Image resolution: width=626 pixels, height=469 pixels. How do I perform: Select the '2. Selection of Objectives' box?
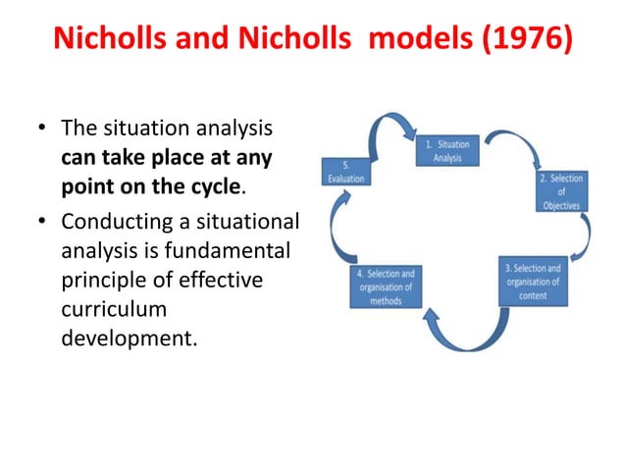coord(561,192)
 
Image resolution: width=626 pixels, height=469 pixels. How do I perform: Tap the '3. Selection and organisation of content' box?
coord(532,282)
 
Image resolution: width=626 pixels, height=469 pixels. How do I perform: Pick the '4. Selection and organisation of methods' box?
coord(388,287)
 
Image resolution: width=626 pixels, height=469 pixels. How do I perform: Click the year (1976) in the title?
coord(522,42)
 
